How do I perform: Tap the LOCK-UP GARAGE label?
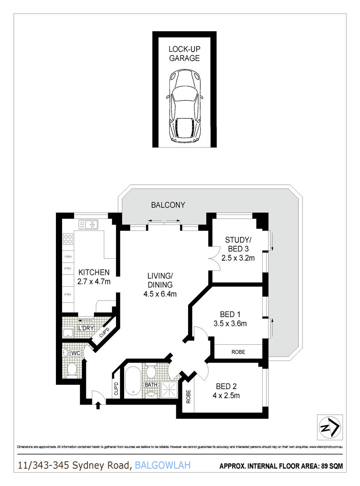pyautogui.click(x=184, y=54)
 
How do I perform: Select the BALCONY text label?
pyautogui.click(x=168, y=205)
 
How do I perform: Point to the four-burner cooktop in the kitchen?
pyautogui.click(x=68, y=239)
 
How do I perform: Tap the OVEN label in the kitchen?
pyautogui.click(x=68, y=256)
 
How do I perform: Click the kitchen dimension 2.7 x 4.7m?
pyautogui.click(x=94, y=280)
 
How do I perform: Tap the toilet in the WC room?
pyautogui.click(x=72, y=369)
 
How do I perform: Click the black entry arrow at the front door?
pyautogui.click(x=98, y=405)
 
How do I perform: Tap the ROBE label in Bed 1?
pyautogui.click(x=238, y=352)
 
